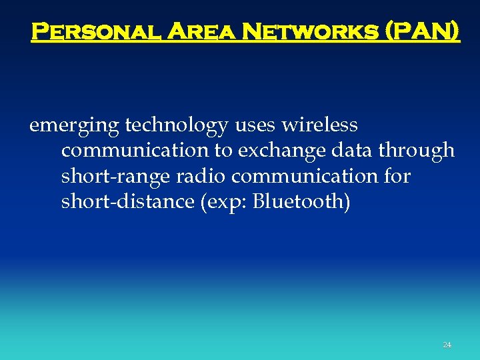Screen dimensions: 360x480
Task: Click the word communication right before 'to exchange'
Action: click(135, 151)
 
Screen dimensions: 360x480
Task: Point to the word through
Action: click(417, 151)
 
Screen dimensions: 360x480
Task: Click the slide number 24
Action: click(447, 345)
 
